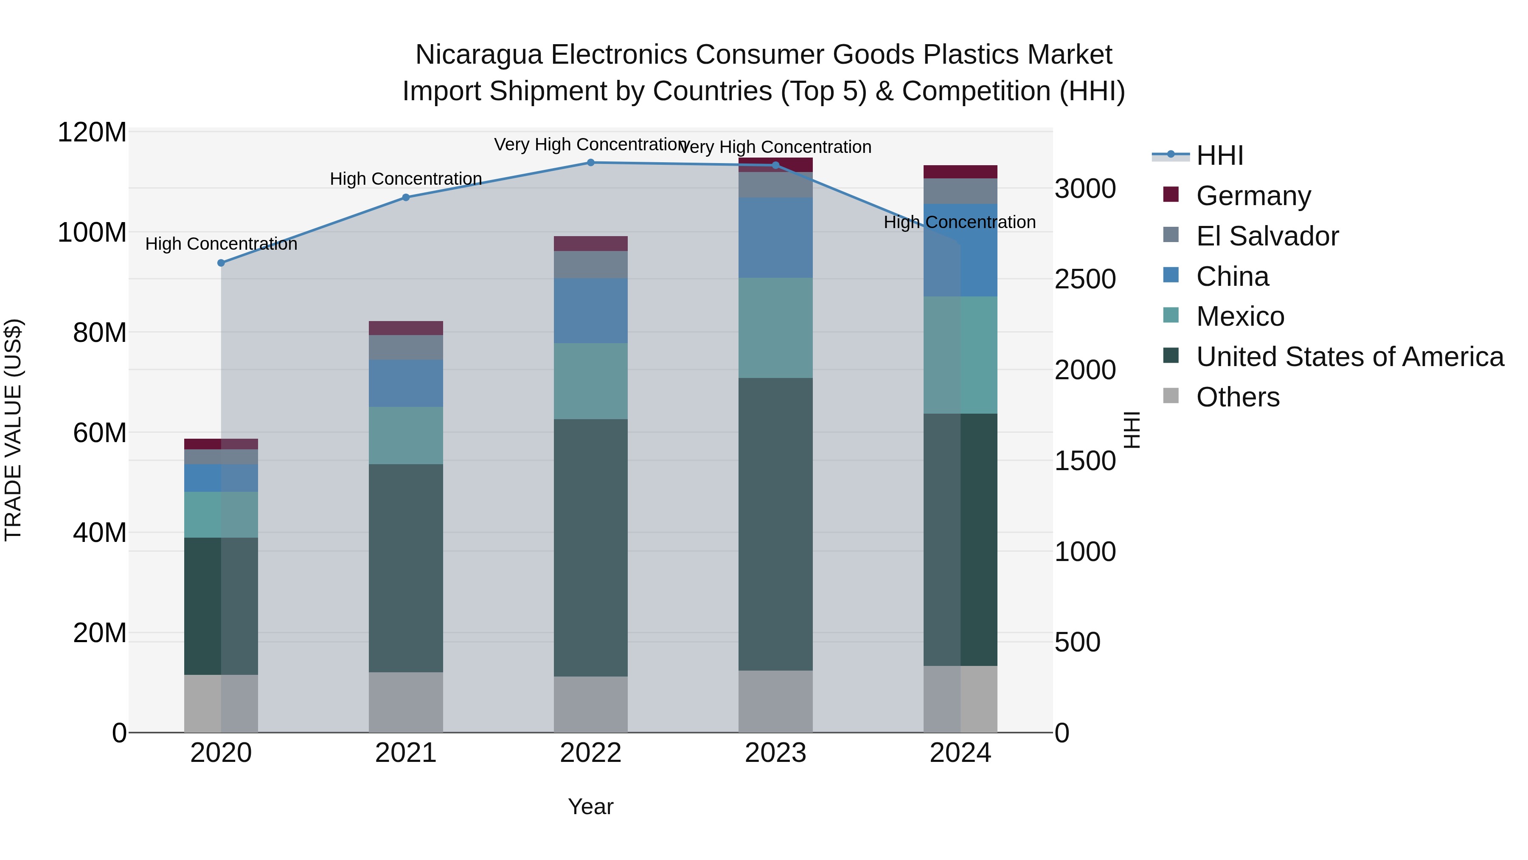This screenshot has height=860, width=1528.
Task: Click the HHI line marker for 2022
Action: pos(590,163)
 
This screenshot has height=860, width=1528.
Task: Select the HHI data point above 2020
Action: pos(221,263)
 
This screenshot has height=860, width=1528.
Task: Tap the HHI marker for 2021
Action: pos(406,197)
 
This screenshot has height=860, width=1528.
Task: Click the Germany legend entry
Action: pos(1253,196)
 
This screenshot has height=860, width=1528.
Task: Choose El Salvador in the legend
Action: pos(1267,236)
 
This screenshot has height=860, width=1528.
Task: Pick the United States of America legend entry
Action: pos(1349,357)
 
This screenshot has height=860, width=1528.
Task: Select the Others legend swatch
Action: pos(1171,396)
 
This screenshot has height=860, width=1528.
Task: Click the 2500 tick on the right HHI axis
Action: pos(1085,279)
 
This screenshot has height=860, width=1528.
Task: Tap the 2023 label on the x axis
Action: pos(775,753)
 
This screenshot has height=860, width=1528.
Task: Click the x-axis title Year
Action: pos(590,806)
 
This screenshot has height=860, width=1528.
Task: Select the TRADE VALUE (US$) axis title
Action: pos(13,430)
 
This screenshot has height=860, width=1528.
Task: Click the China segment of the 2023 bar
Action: pos(775,237)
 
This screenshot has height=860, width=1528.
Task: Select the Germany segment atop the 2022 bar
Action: pos(590,243)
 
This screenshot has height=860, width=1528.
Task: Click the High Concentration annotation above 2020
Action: pos(221,244)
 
